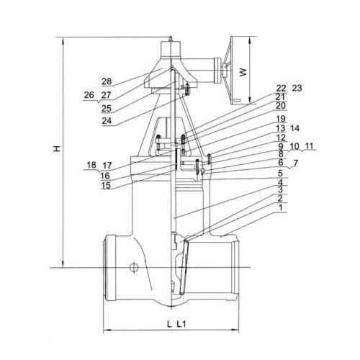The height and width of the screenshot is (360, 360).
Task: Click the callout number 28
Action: pyautogui.click(x=107, y=81)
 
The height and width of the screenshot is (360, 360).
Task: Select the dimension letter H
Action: pyautogui.click(x=57, y=148)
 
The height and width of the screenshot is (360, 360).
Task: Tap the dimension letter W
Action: pyautogui.click(x=243, y=72)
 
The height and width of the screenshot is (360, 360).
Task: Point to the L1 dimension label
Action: pyautogui.click(x=181, y=325)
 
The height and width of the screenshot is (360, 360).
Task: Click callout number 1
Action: pyautogui.click(x=281, y=207)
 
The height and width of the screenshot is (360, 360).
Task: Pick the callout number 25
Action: pyautogui.click(x=107, y=109)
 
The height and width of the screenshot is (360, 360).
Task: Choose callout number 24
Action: pyautogui.click(x=107, y=120)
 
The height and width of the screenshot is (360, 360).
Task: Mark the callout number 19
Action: pyautogui.click(x=281, y=119)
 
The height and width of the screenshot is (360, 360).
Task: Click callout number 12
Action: pyautogui.click(x=281, y=138)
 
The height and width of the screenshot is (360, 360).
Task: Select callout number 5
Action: pyautogui.click(x=281, y=174)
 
